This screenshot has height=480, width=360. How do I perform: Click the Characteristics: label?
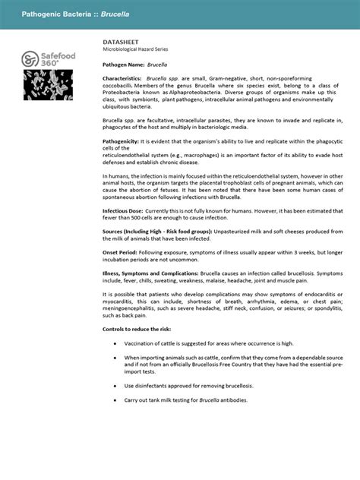[x=122, y=79]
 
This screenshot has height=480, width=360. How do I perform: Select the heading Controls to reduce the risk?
[x=141, y=329]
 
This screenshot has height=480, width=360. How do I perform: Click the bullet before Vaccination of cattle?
[x=115, y=343]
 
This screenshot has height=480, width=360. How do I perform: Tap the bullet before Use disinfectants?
[x=115, y=386]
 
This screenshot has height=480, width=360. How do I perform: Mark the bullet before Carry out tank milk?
[x=115, y=400]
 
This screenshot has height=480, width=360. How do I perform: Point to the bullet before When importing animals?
[x=115, y=358]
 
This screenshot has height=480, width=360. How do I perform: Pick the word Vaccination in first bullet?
[x=142, y=343]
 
